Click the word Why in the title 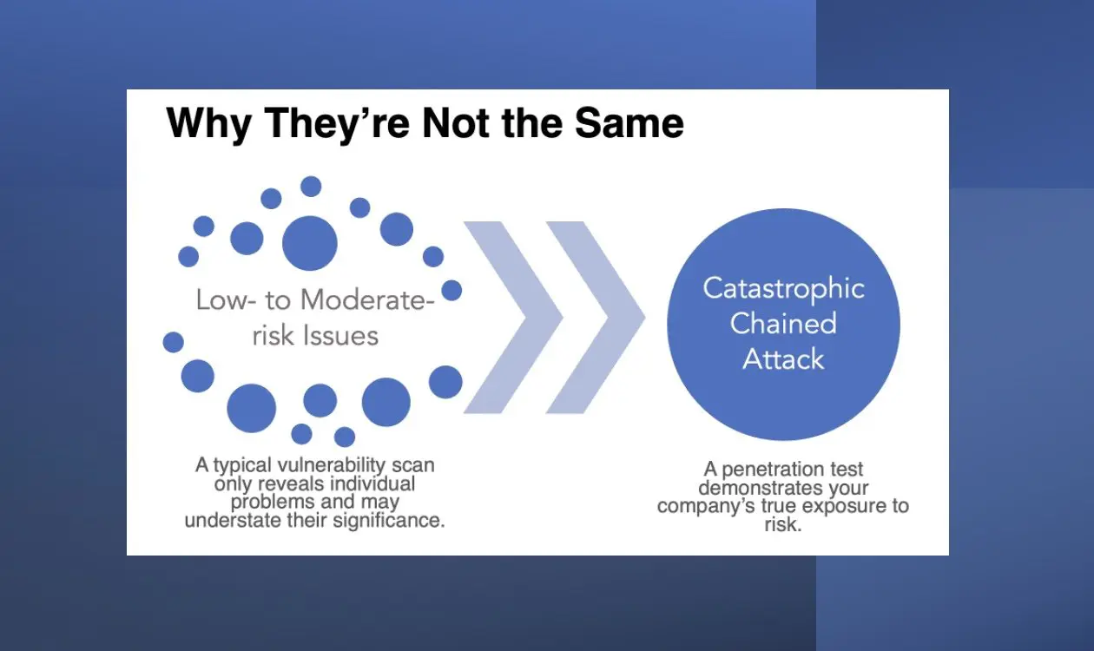click(209, 124)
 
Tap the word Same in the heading click(629, 123)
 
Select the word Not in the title click(456, 123)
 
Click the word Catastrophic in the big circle click(783, 288)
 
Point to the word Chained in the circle click(783, 323)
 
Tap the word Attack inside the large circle click(783, 359)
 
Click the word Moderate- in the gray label click(367, 299)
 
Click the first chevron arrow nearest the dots click(513, 318)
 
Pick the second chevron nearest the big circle click(596, 318)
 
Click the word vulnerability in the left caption click(332, 465)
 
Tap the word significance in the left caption click(389, 521)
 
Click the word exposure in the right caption click(843, 506)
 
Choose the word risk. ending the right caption click(783, 524)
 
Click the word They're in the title click(337, 124)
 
